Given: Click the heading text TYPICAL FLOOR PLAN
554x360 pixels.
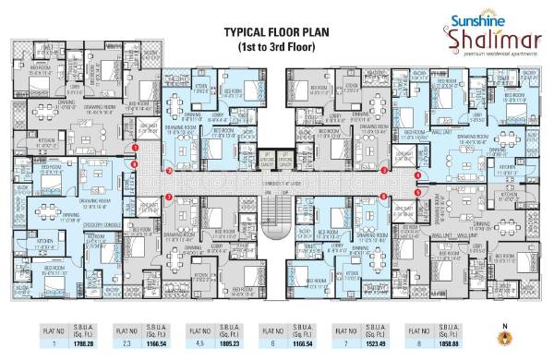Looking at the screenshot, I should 277,31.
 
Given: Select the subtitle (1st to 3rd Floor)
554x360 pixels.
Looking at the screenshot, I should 277,45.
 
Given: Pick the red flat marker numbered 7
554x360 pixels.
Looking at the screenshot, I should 169,197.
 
